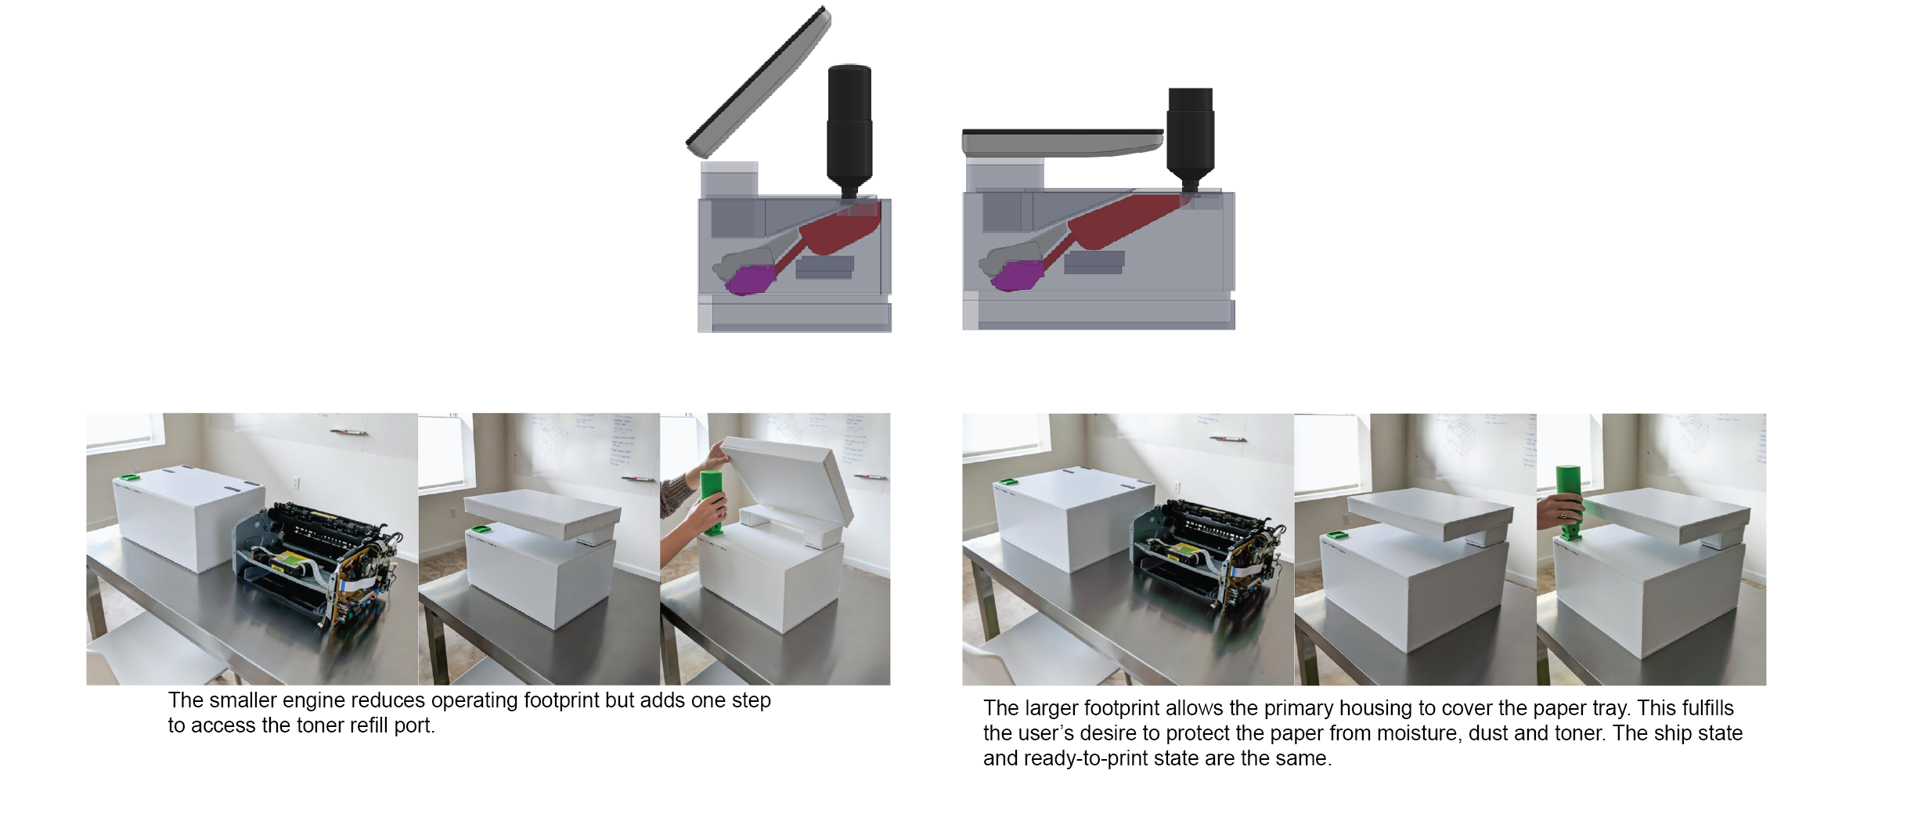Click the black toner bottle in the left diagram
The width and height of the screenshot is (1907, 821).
849,129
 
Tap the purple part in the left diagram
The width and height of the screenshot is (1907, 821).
750,280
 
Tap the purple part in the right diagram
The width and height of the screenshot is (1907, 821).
1018,276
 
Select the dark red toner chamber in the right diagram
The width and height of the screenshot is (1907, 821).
1119,223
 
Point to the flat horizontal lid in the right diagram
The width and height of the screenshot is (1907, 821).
1062,143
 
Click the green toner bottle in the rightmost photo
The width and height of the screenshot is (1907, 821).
1568,501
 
